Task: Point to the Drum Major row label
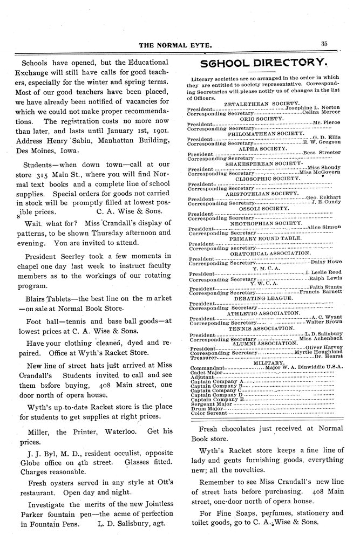coord(203,408)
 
